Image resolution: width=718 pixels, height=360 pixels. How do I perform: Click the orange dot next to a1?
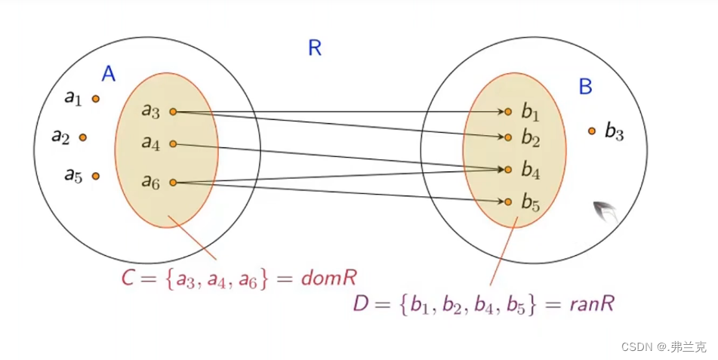coord(95,98)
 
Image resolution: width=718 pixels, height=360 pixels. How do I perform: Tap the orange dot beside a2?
coord(82,137)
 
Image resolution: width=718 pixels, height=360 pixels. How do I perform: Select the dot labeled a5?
coord(95,176)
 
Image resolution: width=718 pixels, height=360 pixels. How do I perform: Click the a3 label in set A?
coord(150,111)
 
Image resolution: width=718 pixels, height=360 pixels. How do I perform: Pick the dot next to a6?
coord(173,182)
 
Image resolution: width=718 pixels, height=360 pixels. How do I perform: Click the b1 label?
coord(530,113)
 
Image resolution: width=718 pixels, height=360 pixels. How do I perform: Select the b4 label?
coord(530,171)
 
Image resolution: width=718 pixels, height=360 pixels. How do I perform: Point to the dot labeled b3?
coord(592,131)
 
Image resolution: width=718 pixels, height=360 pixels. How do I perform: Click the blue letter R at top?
coord(315,48)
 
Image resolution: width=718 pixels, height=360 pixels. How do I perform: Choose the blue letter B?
coord(585,87)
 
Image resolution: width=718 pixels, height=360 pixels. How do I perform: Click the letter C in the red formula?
coord(128,278)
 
